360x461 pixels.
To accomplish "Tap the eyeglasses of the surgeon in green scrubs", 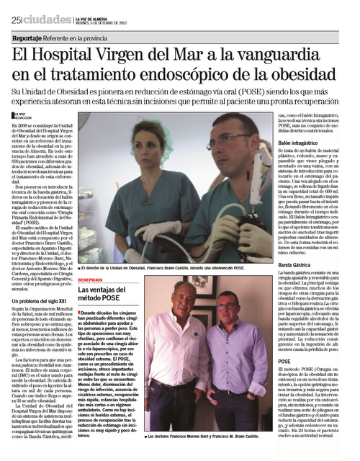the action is [227, 138].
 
